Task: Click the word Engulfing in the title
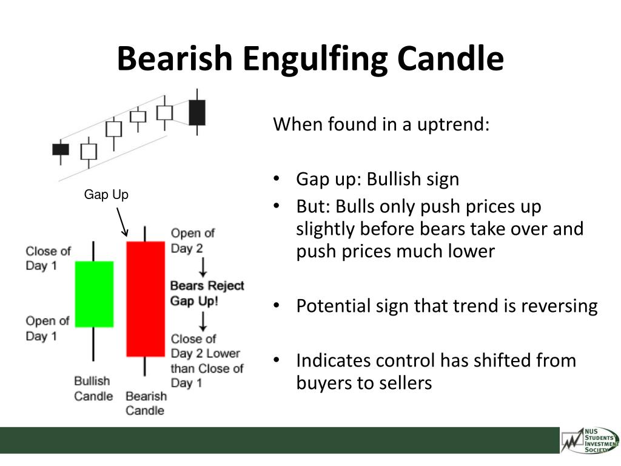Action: tap(315, 59)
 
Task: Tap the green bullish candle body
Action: tap(94, 294)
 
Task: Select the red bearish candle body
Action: tap(146, 299)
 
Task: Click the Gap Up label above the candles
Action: tap(106, 195)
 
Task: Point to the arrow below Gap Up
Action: tap(122, 222)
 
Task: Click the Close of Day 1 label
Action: tap(48, 258)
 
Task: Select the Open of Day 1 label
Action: tap(47, 328)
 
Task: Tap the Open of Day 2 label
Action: tap(192, 240)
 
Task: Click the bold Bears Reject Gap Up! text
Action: tap(207, 293)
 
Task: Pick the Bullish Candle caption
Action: tap(93, 388)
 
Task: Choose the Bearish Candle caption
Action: tap(146, 403)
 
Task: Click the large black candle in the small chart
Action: tap(197, 112)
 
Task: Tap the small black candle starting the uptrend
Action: tap(61, 149)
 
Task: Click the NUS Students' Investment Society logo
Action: tap(589, 440)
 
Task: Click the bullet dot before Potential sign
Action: tap(277, 305)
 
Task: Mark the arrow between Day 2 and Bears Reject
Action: tap(203, 267)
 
